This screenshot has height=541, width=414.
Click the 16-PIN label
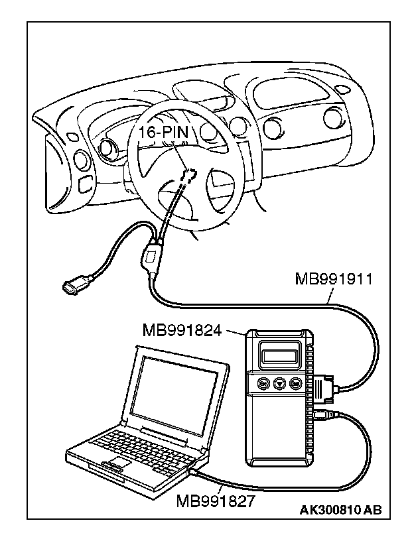(x=163, y=133)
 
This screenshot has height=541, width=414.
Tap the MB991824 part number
(x=181, y=330)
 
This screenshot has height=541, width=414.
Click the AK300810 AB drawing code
(x=340, y=509)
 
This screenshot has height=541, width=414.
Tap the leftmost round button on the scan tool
(x=262, y=383)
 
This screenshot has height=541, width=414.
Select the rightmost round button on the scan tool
(x=295, y=383)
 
